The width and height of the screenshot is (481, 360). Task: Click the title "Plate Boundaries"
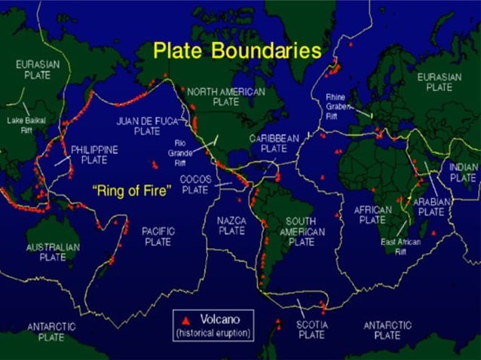coord(237,50)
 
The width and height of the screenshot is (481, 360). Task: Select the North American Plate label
coord(226,96)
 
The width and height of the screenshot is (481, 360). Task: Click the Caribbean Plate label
coord(275,143)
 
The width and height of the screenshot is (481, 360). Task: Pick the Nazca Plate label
coord(231,225)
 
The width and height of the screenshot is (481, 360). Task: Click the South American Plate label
coord(302,231)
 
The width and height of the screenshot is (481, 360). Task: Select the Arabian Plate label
coord(431,207)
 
